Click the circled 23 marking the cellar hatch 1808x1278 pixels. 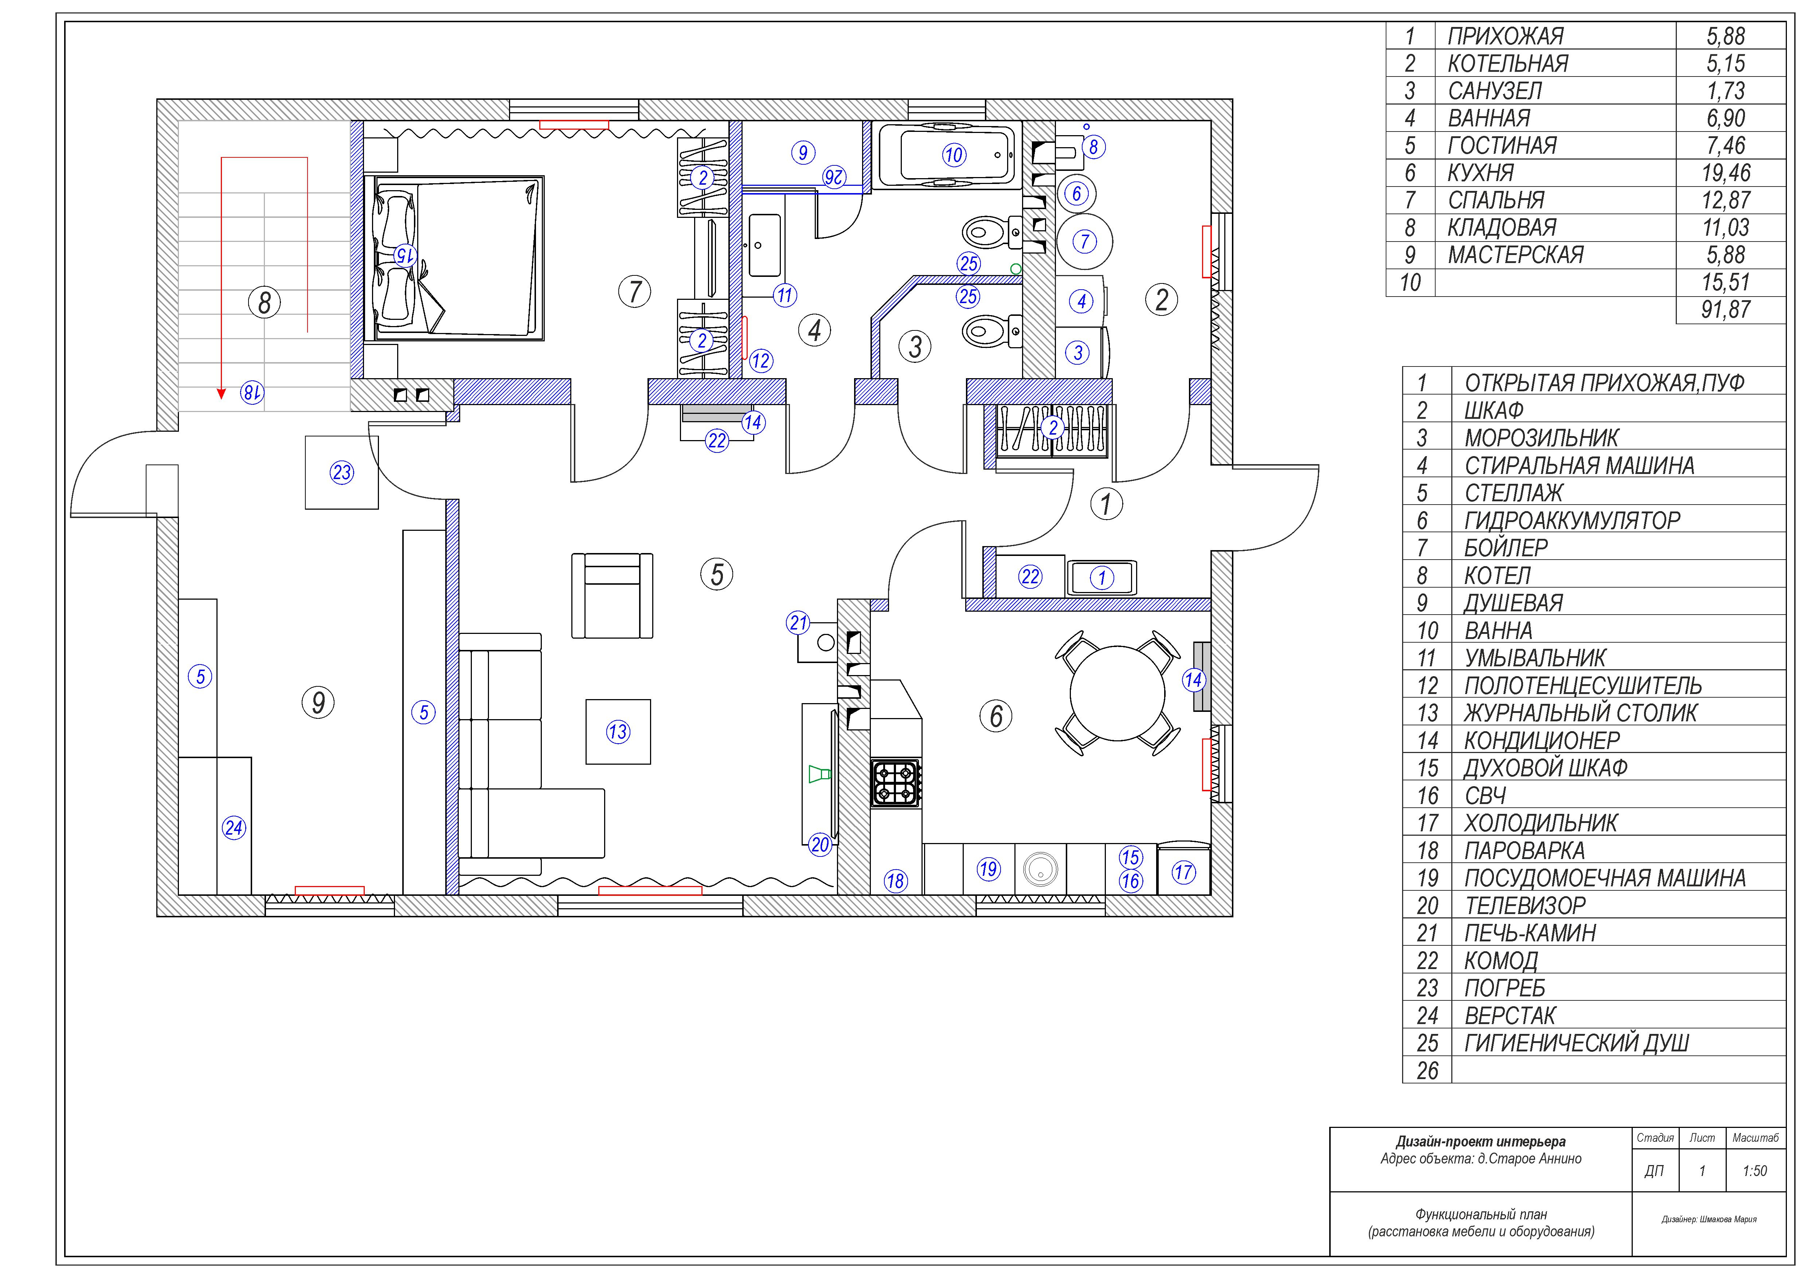342,473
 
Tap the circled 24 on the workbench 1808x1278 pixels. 234,828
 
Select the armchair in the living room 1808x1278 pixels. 612,595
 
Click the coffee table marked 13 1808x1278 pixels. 618,732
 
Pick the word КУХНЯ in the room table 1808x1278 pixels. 1480,172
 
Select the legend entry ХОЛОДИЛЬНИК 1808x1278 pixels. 1540,823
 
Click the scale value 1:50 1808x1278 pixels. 1754,1171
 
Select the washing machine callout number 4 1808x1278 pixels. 1081,301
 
